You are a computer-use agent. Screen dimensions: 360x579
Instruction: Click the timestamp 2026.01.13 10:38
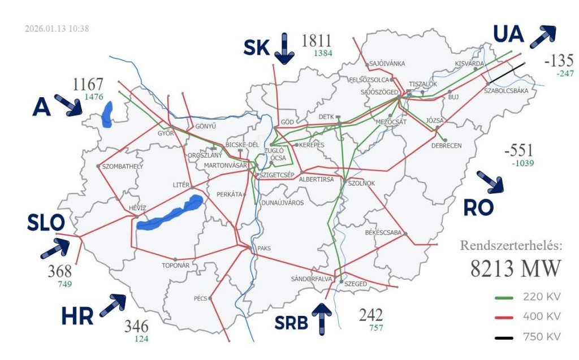[57, 29]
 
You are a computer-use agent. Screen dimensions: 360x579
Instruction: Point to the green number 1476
[94, 97]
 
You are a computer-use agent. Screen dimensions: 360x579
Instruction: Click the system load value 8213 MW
[515, 268]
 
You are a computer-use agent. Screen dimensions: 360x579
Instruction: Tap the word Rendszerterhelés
[511, 246]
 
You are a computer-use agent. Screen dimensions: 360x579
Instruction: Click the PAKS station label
[264, 248]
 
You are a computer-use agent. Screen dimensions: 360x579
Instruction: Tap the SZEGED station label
[356, 283]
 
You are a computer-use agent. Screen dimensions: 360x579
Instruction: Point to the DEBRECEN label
[446, 145]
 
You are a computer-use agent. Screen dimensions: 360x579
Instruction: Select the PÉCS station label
[201, 298]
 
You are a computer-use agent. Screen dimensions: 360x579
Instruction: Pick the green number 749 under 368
[65, 284]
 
